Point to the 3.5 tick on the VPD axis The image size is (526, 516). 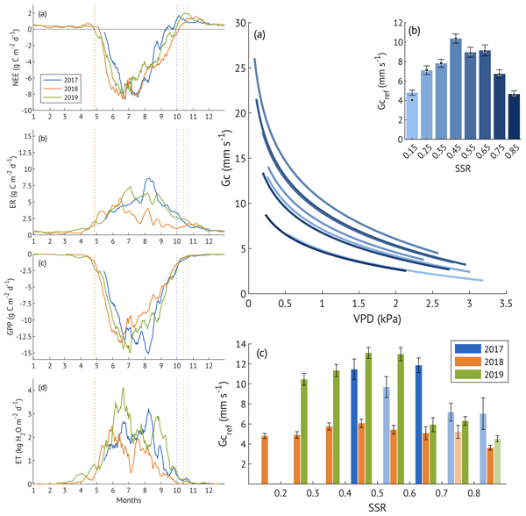(506, 303)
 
